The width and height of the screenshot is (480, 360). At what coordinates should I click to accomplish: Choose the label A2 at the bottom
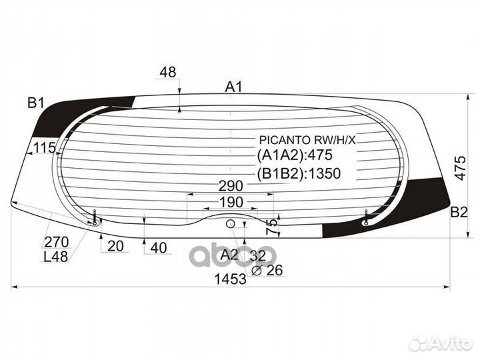(x=229, y=254)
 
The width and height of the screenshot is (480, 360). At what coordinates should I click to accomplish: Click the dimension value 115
(x=44, y=148)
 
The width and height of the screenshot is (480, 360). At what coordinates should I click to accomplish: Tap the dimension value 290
(x=231, y=186)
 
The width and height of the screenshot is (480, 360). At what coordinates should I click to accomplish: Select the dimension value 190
(x=231, y=202)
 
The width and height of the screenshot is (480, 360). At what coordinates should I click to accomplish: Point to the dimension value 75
(x=271, y=226)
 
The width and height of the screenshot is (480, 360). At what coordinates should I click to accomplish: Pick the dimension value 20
(x=115, y=247)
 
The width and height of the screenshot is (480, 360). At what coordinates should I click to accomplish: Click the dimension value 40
(x=159, y=248)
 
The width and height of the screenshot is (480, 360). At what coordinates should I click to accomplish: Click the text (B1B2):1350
(x=299, y=175)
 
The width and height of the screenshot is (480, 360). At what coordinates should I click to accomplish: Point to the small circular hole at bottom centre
(x=231, y=223)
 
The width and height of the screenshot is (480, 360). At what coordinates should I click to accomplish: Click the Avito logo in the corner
(x=439, y=343)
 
